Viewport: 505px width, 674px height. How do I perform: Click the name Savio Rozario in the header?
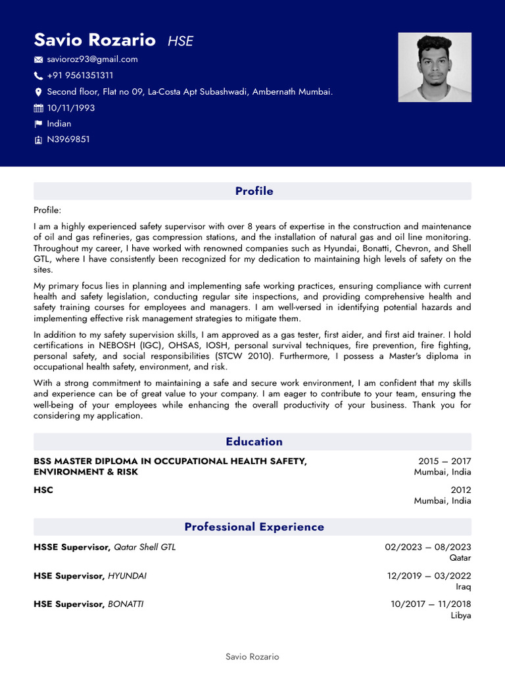[x=95, y=40]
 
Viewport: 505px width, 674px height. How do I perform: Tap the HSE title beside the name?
[x=180, y=41]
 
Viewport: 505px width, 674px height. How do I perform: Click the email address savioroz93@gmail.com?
[x=92, y=59]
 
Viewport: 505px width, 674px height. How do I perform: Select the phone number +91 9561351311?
[x=80, y=76]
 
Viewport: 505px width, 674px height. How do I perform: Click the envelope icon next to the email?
[x=38, y=60]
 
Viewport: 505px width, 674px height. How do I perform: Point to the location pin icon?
[x=38, y=92]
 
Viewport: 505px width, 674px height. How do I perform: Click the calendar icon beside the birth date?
[x=38, y=108]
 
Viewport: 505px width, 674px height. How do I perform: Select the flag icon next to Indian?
[x=38, y=124]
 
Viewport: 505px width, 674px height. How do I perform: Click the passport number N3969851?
[x=68, y=140]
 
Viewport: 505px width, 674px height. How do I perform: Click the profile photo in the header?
[x=434, y=67]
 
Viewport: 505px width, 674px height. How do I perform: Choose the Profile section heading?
[x=254, y=192]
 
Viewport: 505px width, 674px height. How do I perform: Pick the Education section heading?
[x=254, y=442]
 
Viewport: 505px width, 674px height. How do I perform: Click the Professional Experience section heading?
[x=254, y=527]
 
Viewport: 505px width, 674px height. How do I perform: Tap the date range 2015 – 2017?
[x=445, y=461]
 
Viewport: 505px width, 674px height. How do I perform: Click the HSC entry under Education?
[x=43, y=490]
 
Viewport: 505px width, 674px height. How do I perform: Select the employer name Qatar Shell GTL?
[x=145, y=547]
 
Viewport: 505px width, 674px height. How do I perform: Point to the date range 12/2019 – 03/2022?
[x=429, y=576]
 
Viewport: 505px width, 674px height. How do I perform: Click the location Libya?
[x=460, y=615]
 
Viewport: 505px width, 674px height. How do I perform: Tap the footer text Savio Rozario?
[x=252, y=657]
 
